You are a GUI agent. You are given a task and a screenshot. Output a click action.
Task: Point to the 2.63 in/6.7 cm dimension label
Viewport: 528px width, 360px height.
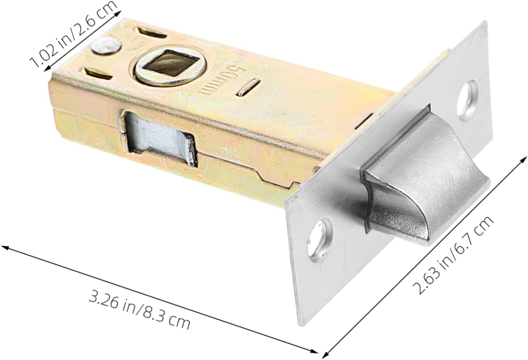[453, 256]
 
